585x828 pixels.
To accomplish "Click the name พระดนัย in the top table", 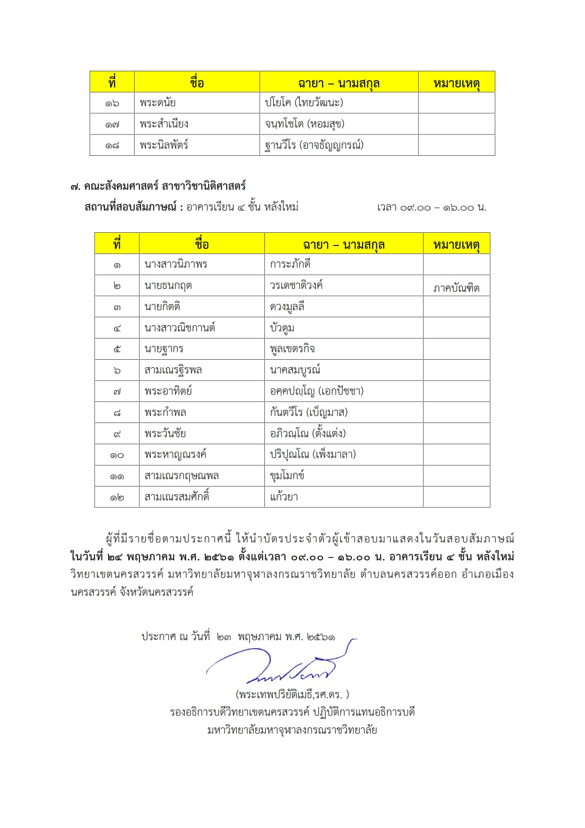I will click(x=158, y=103).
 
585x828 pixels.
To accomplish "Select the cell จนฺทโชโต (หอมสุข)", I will click(x=305, y=124).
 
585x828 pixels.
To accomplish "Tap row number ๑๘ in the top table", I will click(x=112, y=145).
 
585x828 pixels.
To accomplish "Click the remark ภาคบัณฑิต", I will click(x=456, y=288).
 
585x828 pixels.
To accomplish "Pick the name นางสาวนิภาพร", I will click(x=176, y=264).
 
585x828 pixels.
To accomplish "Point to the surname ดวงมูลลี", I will click(x=287, y=307).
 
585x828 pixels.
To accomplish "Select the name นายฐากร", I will click(x=164, y=349).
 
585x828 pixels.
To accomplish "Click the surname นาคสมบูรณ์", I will click(x=295, y=370).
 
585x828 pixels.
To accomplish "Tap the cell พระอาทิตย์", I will click(x=168, y=391).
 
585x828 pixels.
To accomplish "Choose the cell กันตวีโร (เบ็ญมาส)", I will click(x=309, y=413).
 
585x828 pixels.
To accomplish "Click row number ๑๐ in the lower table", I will click(x=117, y=455).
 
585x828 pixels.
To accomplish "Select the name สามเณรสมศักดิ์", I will click(x=177, y=497).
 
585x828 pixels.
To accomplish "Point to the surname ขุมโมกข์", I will click(x=287, y=476).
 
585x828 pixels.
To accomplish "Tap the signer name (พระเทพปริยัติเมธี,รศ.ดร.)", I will click(x=292, y=694).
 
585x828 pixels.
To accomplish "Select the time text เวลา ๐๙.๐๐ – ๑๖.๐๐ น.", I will click(x=431, y=207).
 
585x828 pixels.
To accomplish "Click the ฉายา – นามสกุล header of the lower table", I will click(x=344, y=245).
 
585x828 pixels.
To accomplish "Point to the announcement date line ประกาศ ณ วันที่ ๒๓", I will click(x=238, y=637).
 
